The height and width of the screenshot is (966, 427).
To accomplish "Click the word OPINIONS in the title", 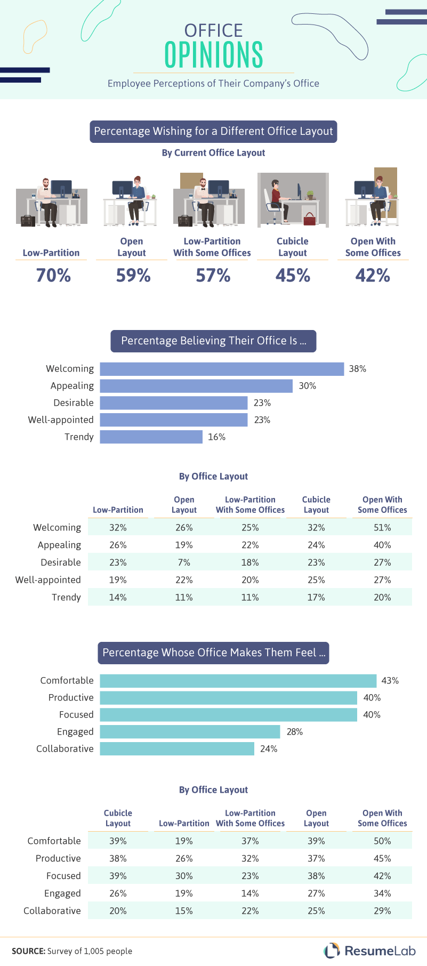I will (x=213, y=54).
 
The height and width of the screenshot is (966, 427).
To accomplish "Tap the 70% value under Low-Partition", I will (x=53, y=275).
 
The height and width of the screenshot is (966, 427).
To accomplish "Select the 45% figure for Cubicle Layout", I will (x=293, y=275).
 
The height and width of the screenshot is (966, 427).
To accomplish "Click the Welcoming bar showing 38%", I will (x=222, y=369).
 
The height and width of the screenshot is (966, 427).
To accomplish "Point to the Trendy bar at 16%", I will (x=151, y=437).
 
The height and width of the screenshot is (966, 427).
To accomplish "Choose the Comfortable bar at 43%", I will (x=238, y=681).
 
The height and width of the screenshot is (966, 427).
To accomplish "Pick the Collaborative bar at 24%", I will (x=177, y=749).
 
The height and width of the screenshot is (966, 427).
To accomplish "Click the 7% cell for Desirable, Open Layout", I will (x=184, y=562).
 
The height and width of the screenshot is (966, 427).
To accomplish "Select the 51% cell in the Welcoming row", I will (x=382, y=528).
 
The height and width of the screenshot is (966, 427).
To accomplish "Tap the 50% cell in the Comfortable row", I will (x=382, y=841).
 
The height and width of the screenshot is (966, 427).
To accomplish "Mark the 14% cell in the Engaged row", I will (x=250, y=893).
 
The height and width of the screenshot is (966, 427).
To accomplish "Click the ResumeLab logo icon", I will (x=332, y=951).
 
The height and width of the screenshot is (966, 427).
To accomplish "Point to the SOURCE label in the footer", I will (x=28, y=951).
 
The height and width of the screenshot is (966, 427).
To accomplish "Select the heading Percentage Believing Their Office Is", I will (x=213, y=341).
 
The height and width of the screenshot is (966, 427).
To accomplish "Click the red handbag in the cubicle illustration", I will (x=309, y=218).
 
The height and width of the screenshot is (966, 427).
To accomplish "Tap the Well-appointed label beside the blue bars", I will (x=61, y=420).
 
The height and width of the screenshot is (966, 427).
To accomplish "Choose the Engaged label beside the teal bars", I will (x=75, y=732).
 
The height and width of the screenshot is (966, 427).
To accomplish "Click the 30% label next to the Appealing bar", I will (x=307, y=386).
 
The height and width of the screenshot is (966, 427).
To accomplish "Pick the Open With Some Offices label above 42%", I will (x=373, y=247).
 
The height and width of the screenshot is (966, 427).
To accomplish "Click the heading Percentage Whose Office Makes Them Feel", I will (x=213, y=653).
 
